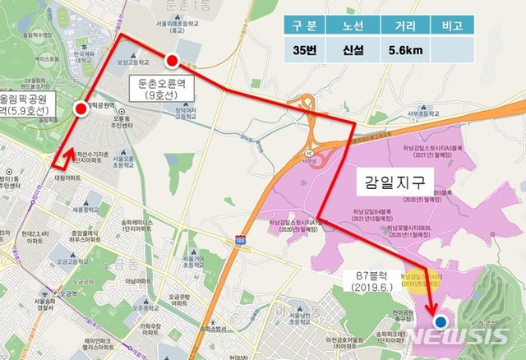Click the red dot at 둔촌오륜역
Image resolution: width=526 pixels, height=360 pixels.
click(172, 60)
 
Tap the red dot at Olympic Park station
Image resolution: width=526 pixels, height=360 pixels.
click(80, 108)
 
